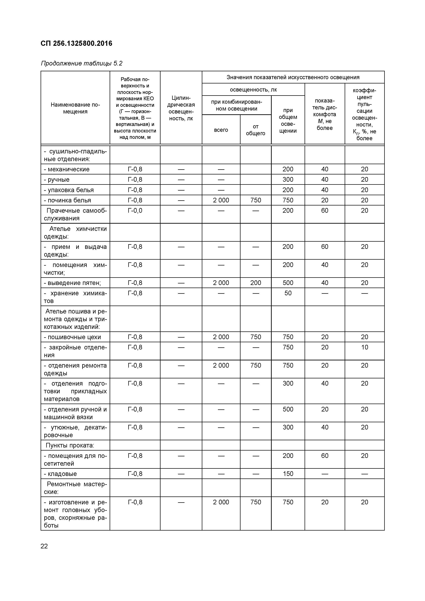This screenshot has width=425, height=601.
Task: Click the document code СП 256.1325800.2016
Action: click(x=76, y=44)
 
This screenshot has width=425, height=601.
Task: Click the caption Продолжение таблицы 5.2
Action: click(x=81, y=64)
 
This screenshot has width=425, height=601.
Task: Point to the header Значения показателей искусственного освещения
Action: click(x=293, y=77)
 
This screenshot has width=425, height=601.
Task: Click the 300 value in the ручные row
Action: click(x=288, y=180)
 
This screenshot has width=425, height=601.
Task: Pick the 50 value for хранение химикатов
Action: click(x=288, y=293)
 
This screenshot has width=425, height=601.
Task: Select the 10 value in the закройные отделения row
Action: click(x=364, y=347)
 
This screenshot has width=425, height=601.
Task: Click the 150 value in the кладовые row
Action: click(x=288, y=474)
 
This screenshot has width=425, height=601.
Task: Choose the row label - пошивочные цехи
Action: click(x=72, y=337)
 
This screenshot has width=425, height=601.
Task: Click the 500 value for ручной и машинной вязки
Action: click(x=288, y=409)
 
